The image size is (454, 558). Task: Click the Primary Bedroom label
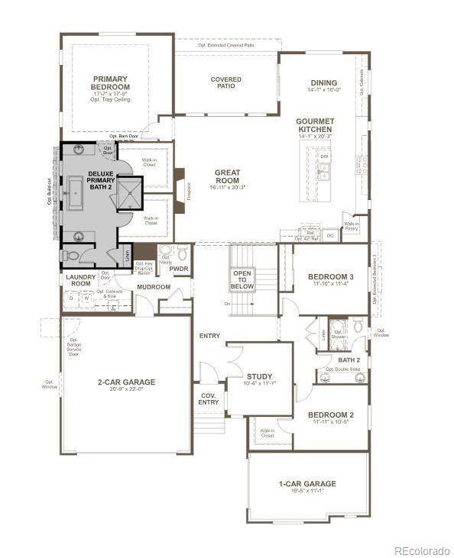(111, 83)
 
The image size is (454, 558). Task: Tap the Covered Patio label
(226, 82)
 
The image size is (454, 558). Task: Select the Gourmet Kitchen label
(315, 125)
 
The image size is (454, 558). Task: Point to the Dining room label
(323, 83)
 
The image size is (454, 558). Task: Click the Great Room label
(228, 176)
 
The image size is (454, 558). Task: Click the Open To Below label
(242, 279)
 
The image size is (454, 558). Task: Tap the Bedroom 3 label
(330, 276)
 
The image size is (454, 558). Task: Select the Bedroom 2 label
(330, 415)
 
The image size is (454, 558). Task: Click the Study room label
(259, 376)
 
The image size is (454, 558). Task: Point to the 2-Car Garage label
(126, 382)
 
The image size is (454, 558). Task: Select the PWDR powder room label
(178, 269)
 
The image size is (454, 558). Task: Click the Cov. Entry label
(209, 398)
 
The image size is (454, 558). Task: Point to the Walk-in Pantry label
(352, 226)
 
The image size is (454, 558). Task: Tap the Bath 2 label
(349, 360)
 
